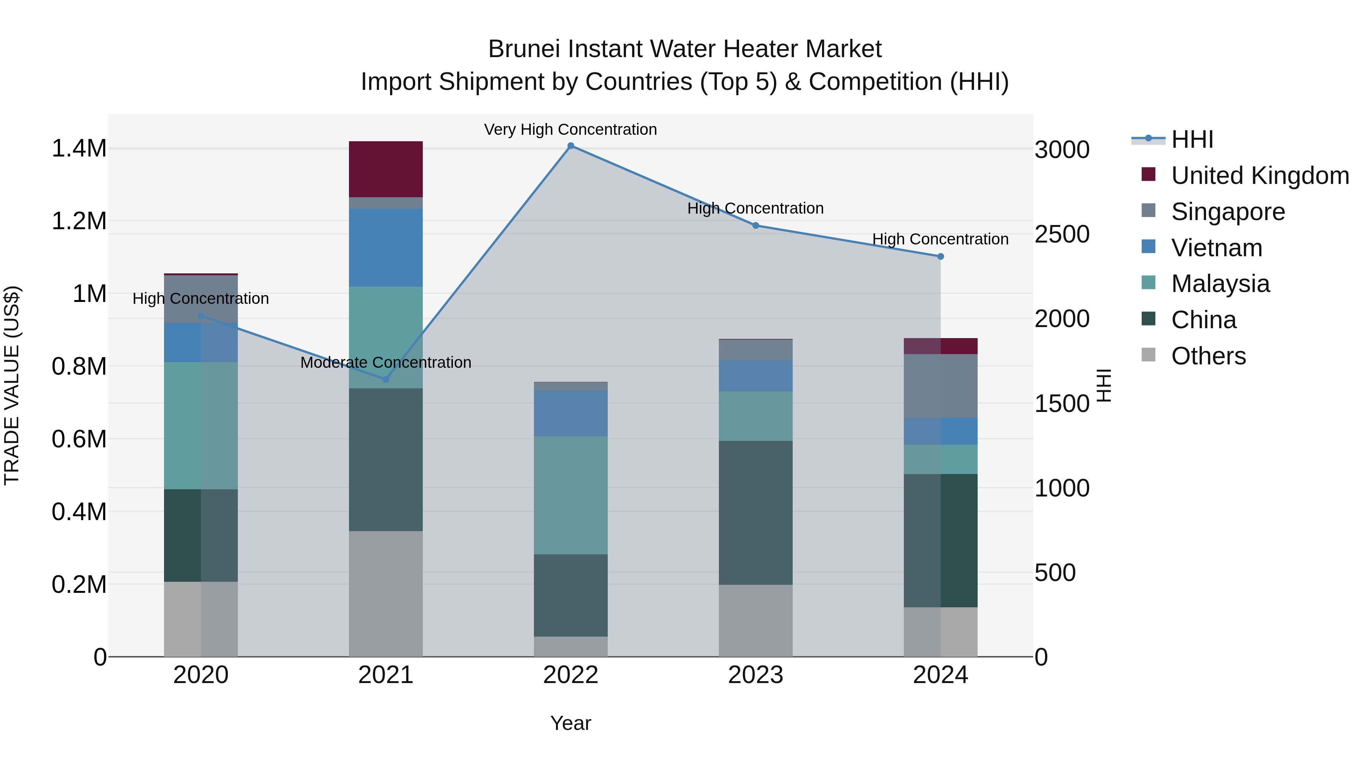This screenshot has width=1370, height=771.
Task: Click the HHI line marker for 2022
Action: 571,146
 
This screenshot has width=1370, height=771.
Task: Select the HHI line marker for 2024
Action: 940,257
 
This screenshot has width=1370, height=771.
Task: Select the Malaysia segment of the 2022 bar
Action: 571,495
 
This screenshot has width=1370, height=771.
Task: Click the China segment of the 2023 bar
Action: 755,513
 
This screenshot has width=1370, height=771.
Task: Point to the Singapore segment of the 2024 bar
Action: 940,386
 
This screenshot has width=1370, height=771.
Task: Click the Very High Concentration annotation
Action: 571,129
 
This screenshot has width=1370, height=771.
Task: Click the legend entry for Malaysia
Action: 1220,284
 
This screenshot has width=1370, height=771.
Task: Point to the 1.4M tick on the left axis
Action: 79,148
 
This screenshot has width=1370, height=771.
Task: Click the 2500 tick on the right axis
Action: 1061,235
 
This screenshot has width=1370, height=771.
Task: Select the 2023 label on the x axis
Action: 755,675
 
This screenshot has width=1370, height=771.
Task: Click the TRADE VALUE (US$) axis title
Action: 12,385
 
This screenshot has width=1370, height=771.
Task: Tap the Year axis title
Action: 571,723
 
